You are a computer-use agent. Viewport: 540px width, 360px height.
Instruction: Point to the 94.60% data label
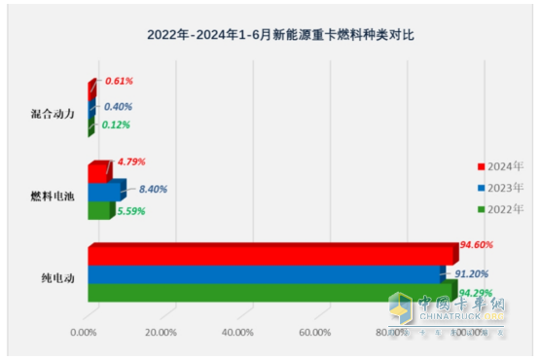click(x=478, y=246)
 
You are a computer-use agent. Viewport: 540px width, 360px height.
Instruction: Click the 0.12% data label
click(x=116, y=125)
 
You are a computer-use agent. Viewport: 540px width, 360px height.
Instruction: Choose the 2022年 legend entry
click(x=502, y=208)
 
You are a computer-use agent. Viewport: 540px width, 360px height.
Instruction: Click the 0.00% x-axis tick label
click(x=86, y=334)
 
